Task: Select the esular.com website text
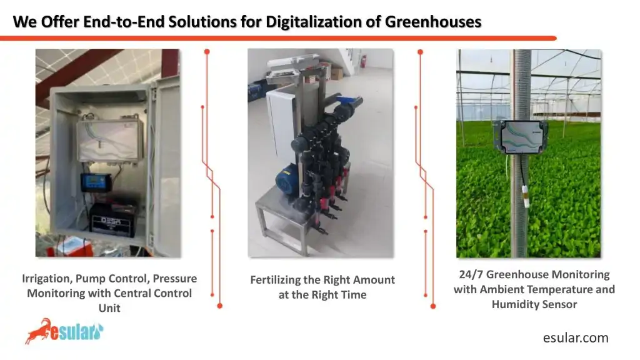[x=575, y=338]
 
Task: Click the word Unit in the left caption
[x=109, y=307]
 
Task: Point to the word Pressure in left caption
[x=175, y=279]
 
